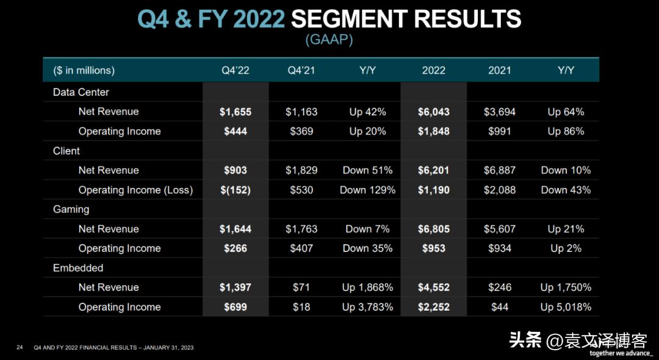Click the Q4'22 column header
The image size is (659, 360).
click(x=235, y=70)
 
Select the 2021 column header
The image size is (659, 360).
click(x=499, y=70)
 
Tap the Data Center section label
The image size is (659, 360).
click(x=81, y=92)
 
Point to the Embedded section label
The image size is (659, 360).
click(x=78, y=268)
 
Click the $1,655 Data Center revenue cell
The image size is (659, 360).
click(x=236, y=112)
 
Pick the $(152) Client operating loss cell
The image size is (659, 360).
click(x=236, y=190)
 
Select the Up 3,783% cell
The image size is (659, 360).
click(x=367, y=307)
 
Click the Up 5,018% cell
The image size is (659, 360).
click(x=566, y=307)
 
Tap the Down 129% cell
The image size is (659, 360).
click(x=367, y=190)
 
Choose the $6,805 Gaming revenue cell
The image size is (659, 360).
click(x=434, y=229)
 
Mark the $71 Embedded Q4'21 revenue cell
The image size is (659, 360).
click(x=301, y=287)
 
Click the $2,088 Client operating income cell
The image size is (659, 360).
click(x=499, y=190)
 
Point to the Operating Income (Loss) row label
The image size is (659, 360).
click(x=135, y=190)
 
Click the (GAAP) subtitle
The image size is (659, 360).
click(x=329, y=40)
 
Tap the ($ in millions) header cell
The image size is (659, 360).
click(x=84, y=70)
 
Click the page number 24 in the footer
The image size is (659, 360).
click(x=20, y=348)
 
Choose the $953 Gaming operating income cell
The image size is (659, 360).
click(x=434, y=248)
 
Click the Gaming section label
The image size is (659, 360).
click(x=71, y=209)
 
